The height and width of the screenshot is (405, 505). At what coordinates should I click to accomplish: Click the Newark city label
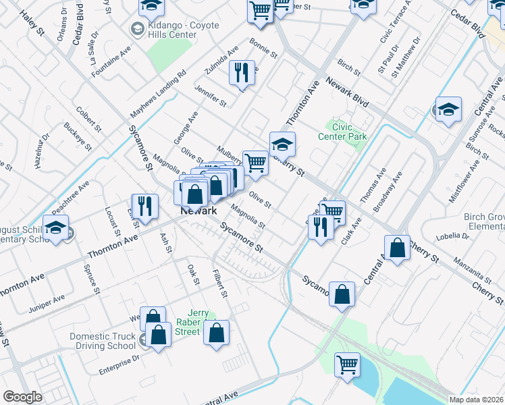click(198, 211)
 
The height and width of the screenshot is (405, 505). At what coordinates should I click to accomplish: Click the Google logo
click(22, 397)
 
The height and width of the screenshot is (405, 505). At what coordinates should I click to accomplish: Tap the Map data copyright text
click(477, 399)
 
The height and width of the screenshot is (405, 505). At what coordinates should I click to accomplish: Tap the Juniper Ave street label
click(47, 298)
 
